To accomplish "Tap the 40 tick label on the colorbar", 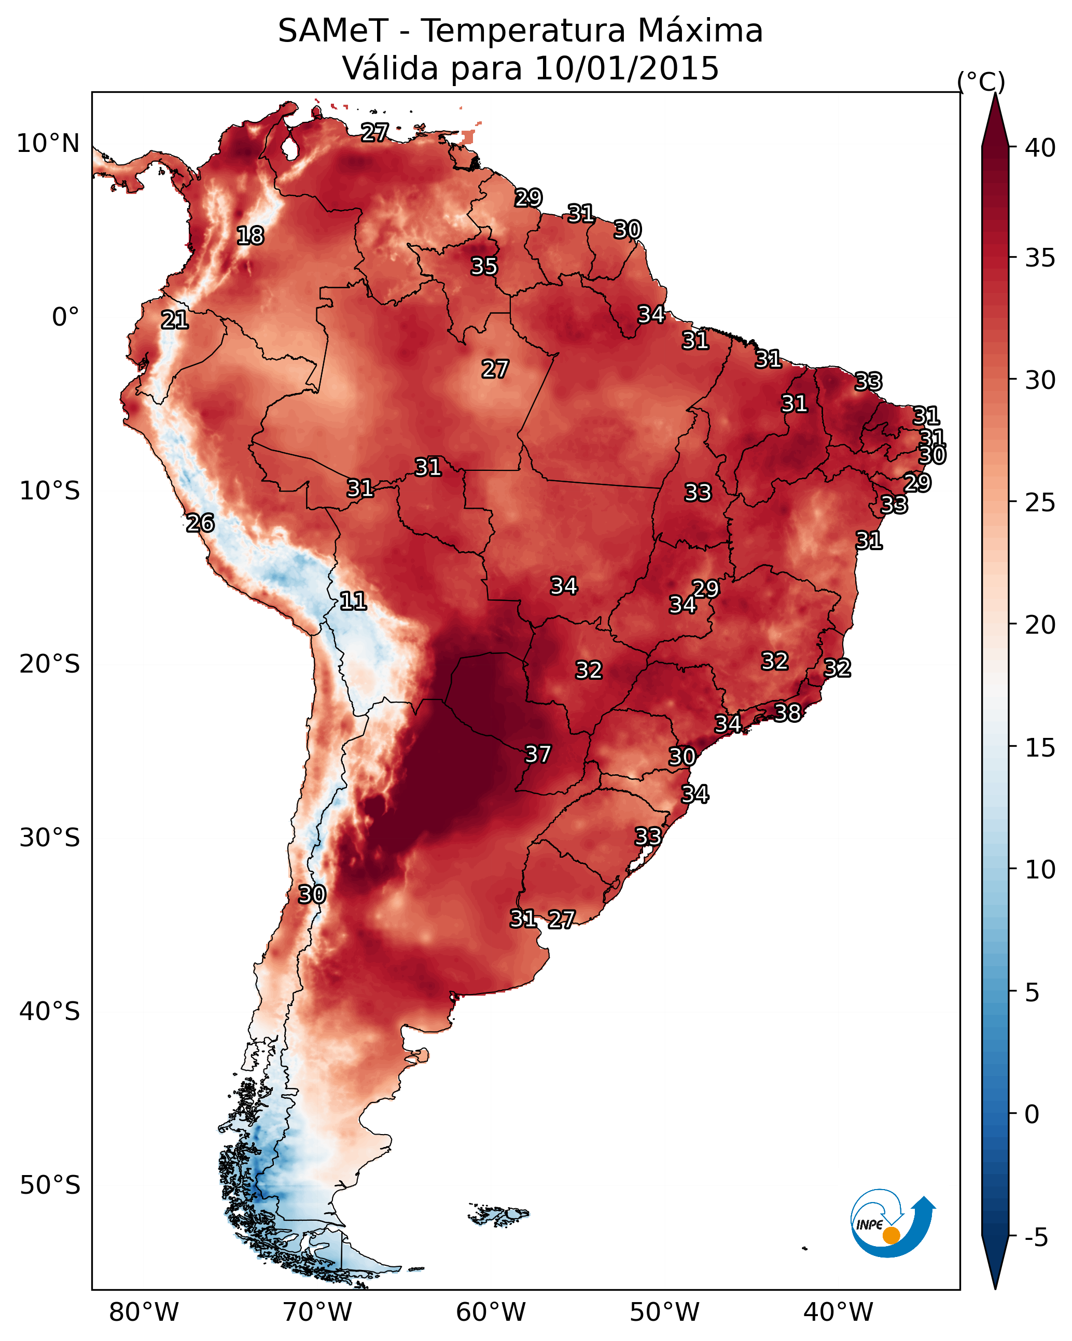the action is (1040, 148).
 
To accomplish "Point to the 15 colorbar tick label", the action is (1040, 748).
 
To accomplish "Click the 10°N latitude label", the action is (48, 144).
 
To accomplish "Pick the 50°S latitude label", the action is (50, 1185).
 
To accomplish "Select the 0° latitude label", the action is (66, 317).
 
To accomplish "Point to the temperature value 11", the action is (353, 601).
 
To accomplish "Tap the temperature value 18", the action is (250, 236).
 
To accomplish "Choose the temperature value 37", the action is (538, 755).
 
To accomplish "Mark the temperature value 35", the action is (484, 266).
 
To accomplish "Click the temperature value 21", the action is (175, 320).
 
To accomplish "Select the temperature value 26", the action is (200, 523).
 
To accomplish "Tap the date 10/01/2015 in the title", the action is (627, 68).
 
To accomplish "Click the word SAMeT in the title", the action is (333, 31).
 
